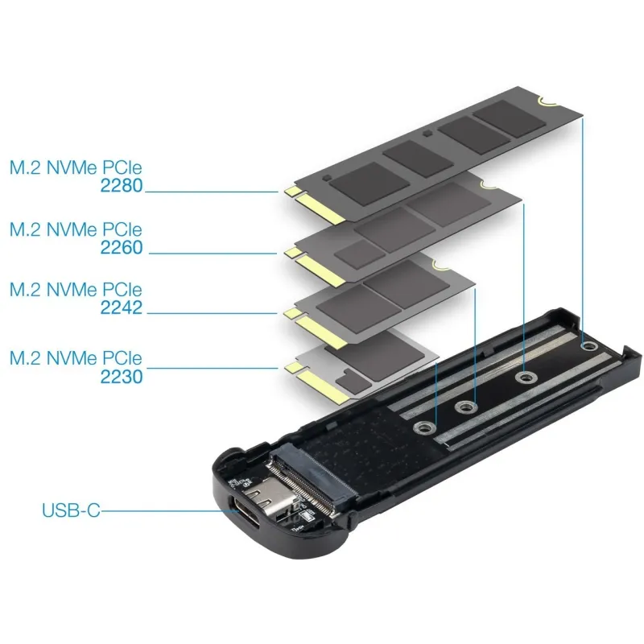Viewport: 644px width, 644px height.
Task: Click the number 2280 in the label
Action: (x=122, y=186)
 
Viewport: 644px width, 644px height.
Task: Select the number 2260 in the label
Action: (x=122, y=248)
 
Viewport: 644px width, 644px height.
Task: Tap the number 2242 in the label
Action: (x=122, y=308)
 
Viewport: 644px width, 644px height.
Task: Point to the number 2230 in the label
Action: (x=122, y=377)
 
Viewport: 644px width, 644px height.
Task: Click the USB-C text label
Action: (x=71, y=510)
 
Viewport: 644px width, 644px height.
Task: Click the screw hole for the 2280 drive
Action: (x=588, y=346)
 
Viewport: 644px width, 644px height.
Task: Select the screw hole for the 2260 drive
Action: (x=525, y=377)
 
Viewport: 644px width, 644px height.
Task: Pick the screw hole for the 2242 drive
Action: (x=466, y=407)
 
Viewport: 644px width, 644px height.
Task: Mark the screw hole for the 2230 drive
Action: (x=425, y=428)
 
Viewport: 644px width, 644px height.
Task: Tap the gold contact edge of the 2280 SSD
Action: (x=316, y=205)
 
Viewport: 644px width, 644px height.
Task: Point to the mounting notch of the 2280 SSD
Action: (x=547, y=101)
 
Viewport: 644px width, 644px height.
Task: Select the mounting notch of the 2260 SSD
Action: (x=489, y=186)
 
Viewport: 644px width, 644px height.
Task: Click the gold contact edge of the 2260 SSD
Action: (x=316, y=267)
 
